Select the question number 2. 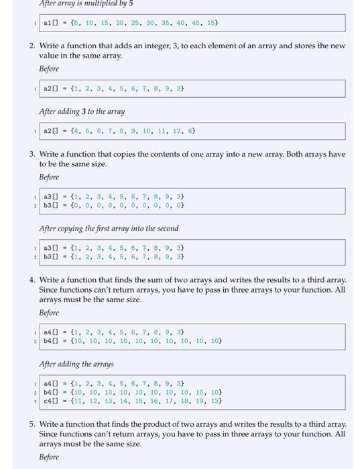pyautogui.click(x=32, y=46)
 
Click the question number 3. pyautogui.click(x=32, y=154)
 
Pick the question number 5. pyautogui.click(x=32, y=424)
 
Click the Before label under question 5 pyautogui.click(x=49, y=458)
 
